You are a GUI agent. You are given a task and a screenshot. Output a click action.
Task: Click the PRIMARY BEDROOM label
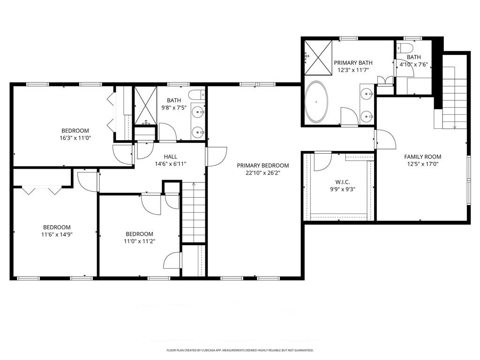pyautogui.click(x=262, y=165)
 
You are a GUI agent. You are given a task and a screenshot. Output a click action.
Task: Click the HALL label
pyautogui.click(x=170, y=157)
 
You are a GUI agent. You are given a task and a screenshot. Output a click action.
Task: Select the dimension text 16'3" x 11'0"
pyautogui.click(x=75, y=138)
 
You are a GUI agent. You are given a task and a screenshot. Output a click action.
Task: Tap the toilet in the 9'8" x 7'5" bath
pyautogui.click(x=197, y=94)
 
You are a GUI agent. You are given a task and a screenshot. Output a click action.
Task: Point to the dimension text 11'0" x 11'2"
pyautogui.click(x=139, y=241)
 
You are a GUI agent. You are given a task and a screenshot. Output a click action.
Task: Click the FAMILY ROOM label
pyautogui.click(x=422, y=157)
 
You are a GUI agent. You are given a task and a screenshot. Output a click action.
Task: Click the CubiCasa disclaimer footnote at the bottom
pyautogui.click(x=240, y=350)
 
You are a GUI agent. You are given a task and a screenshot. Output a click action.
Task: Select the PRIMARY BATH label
pyautogui.click(x=351, y=62)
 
